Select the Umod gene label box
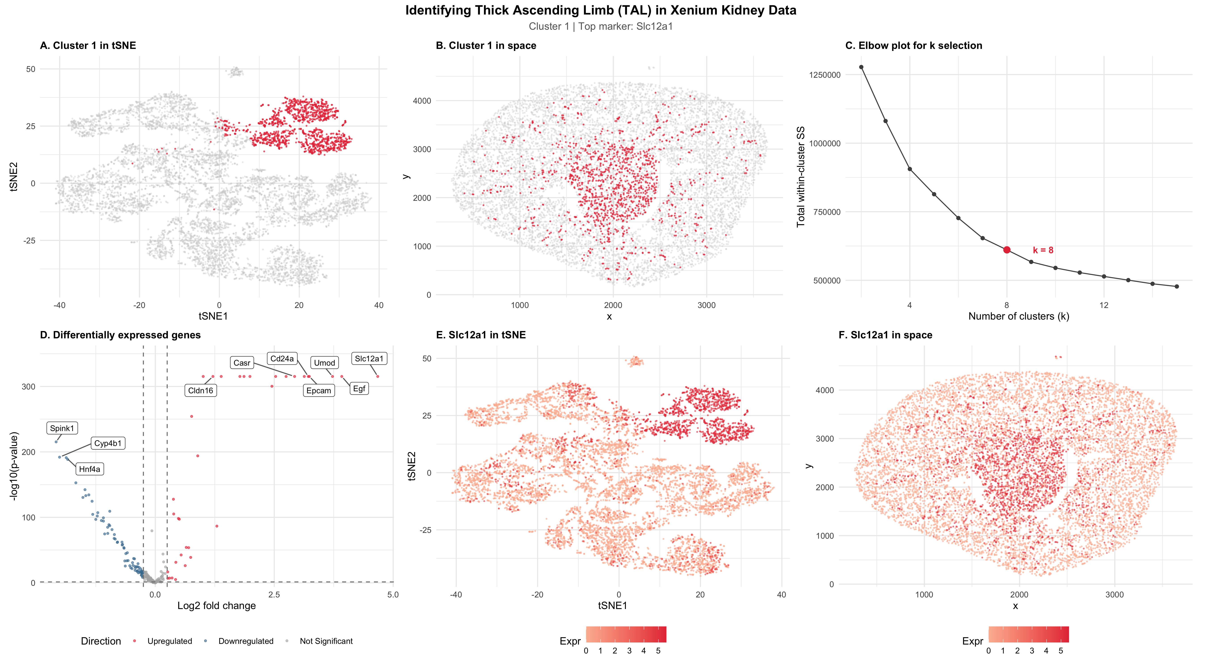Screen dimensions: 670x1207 coord(324,363)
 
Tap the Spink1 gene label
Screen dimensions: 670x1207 coord(62,428)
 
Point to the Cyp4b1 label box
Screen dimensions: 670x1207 coord(108,443)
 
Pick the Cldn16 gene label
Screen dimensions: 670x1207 coord(200,390)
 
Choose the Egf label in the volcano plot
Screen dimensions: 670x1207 coord(359,389)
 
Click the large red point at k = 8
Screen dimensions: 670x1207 coord(1007,250)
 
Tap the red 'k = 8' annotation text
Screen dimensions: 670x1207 coord(1043,251)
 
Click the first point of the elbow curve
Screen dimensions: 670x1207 coord(861,67)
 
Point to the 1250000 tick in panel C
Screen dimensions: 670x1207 coord(825,75)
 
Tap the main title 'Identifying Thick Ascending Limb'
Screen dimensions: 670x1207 coord(601,10)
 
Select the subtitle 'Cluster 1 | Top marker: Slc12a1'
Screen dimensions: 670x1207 coord(601,26)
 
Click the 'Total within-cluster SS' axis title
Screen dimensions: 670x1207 coord(801,177)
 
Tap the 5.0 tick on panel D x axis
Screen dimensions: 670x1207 coord(393,595)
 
